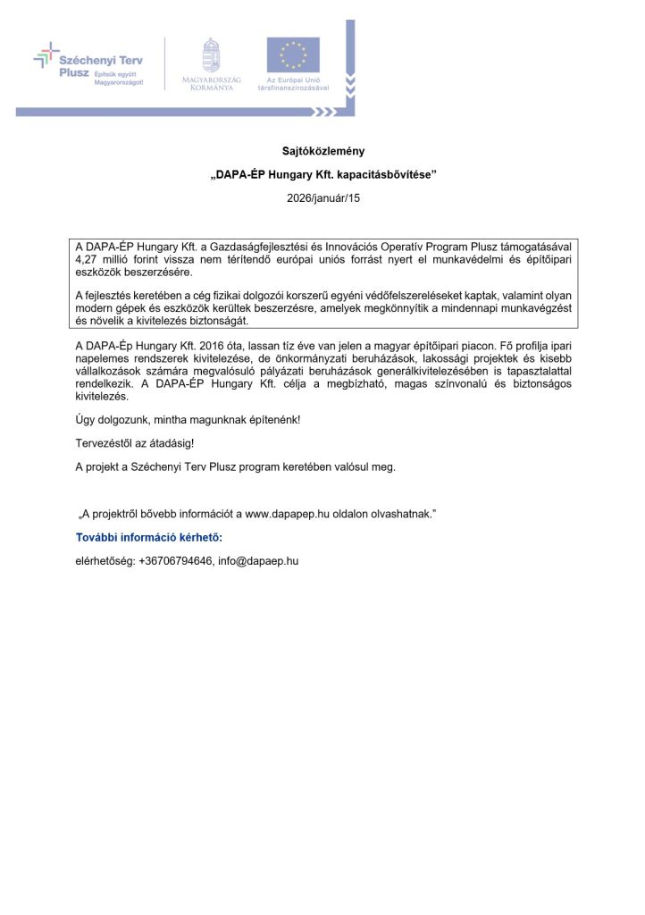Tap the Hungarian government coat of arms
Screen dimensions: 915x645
pyautogui.click(x=211, y=56)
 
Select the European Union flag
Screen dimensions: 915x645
pyautogui.click(x=293, y=55)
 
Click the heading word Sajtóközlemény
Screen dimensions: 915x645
pyautogui.click(x=322, y=151)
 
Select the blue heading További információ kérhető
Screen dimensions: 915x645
pyautogui.click(x=148, y=537)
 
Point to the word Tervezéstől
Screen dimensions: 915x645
pyautogui.click(x=104, y=442)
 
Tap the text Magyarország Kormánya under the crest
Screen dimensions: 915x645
pyautogui.click(x=211, y=84)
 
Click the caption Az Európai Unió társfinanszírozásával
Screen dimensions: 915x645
pyautogui.click(x=293, y=84)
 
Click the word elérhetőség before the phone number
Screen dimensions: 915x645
pyautogui.click(x=105, y=560)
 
